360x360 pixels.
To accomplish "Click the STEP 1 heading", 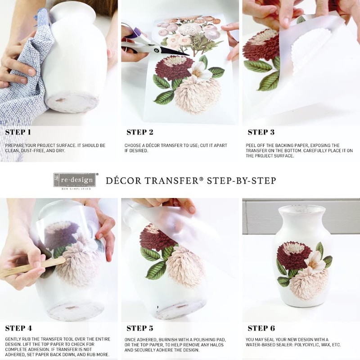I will point(18,132).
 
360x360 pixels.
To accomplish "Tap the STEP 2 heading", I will point(140,132).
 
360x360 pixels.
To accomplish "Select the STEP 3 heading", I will point(261,132).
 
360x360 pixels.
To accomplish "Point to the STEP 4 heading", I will point(18,328).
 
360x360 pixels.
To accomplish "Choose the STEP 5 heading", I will point(140,328).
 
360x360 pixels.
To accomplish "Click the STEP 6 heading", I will point(261,328).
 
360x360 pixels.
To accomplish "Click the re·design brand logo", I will point(75,180).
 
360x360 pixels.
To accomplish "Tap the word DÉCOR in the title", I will point(124,180).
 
